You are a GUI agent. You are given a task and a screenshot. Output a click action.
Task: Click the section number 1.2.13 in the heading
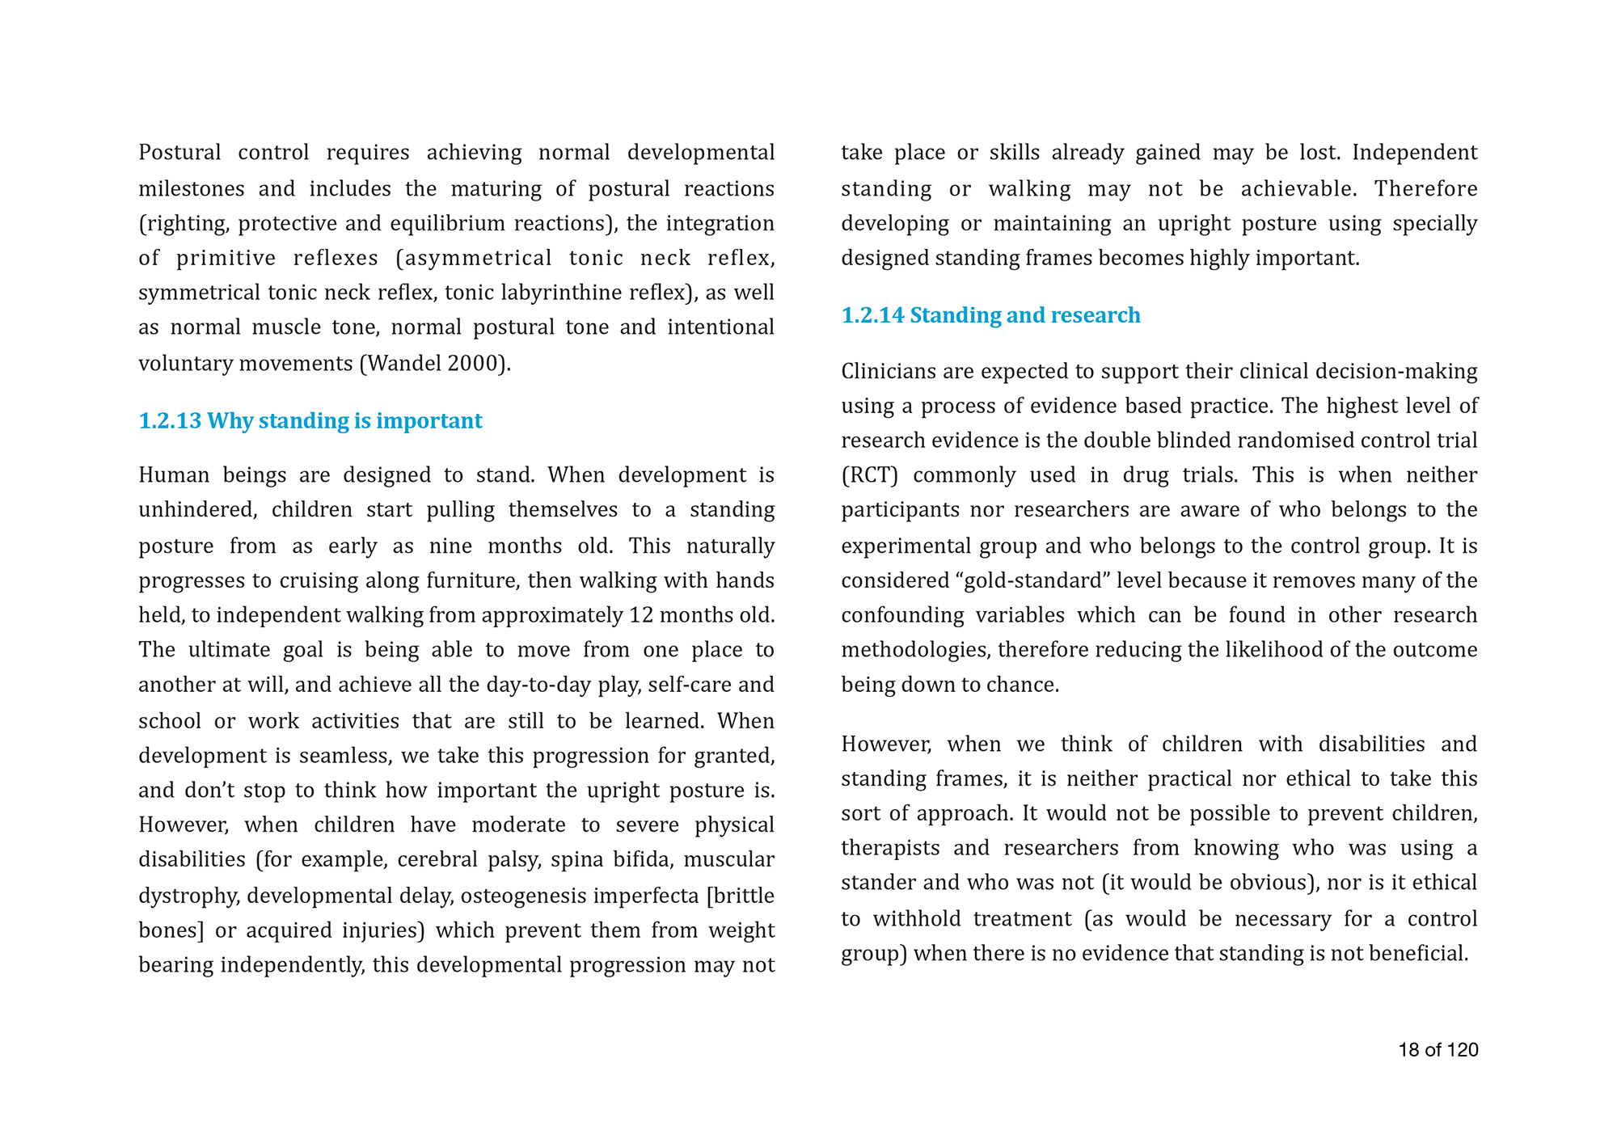170,421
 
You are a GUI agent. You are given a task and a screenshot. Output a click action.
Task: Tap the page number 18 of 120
1438,1050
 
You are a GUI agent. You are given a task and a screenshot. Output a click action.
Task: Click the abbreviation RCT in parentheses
870,475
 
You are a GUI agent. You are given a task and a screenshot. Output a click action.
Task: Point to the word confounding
902,615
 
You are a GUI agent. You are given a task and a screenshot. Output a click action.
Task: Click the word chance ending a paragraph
1024,685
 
